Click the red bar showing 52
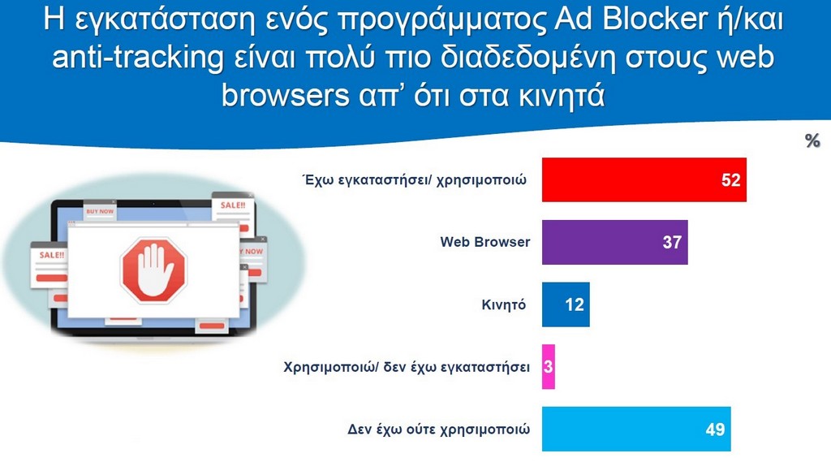tap(644, 179)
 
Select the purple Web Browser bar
tap(615, 242)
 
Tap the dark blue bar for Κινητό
tap(566, 304)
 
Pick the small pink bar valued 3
tap(549, 366)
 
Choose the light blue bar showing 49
tap(636, 429)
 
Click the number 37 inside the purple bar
tap(672, 243)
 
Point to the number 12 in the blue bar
tap(575, 304)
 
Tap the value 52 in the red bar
tap(731, 179)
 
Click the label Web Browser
tap(485, 242)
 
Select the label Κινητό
tap(503, 305)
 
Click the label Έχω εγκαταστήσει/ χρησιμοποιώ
tap(415, 179)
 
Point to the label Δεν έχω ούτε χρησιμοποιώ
tap(438, 429)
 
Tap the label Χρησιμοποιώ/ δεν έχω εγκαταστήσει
tap(407, 367)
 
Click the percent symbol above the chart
tap(812, 140)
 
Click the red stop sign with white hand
tap(153, 270)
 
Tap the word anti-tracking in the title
tap(138, 58)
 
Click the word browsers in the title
tap(285, 96)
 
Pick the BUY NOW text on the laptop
tap(100, 211)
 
